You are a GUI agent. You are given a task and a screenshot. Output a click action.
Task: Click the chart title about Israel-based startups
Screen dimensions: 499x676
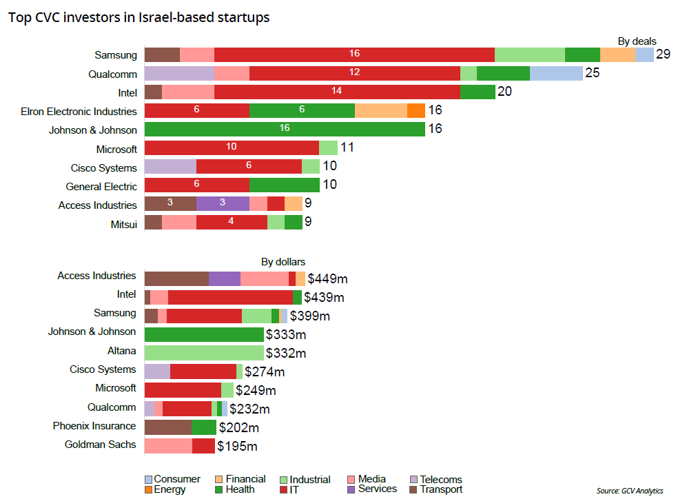(x=139, y=18)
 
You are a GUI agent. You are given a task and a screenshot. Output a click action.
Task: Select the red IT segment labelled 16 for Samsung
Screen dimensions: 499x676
(x=354, y=54)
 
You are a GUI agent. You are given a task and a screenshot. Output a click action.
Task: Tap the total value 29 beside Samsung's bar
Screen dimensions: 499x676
(x=663, y=54)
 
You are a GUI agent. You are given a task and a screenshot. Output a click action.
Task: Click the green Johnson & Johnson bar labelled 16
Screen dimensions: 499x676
(x=284, y=129)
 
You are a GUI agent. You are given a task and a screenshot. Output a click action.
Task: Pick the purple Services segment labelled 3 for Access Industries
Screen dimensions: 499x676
(x=223, y=204)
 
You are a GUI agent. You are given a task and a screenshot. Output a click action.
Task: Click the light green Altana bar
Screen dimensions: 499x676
(x=204, y=353)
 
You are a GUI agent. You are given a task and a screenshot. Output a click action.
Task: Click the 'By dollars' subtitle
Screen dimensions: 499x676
(x=283, y=262)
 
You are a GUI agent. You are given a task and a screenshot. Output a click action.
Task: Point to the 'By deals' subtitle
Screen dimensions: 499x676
(x=637, y=41)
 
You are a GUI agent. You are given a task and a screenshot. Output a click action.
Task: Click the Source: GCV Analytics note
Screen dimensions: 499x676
(x=629, y=491)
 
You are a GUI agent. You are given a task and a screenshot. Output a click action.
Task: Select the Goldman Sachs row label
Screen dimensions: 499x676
(x=100, y=445)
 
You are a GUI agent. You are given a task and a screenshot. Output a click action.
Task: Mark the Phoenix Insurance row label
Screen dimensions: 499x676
(x=94, y=426)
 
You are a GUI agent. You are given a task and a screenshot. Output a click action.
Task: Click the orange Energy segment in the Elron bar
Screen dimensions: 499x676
(x=416, y=110)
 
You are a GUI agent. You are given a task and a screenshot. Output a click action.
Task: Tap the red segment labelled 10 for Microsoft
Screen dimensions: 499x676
(x=232, y=147)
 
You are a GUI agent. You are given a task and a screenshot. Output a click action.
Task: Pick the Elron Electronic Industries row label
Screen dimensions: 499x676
(x=79, y=111)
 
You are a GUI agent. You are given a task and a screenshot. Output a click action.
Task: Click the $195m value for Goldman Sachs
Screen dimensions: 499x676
(x=238, y=447)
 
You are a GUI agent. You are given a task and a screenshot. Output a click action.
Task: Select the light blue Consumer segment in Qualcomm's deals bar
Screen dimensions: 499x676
(x=556, y=73)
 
